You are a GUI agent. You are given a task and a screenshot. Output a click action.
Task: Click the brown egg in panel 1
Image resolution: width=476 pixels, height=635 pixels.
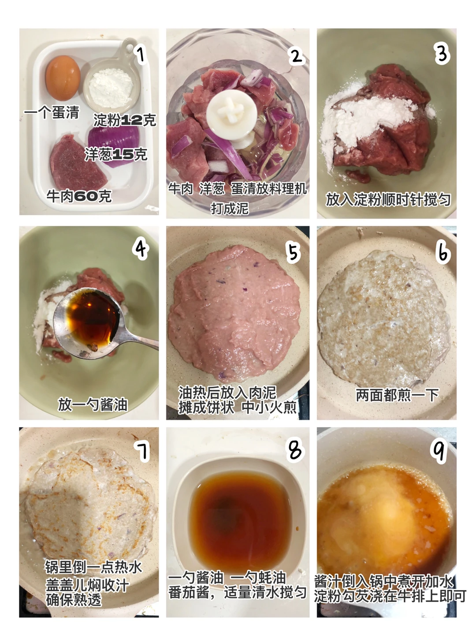(x=63, y=78)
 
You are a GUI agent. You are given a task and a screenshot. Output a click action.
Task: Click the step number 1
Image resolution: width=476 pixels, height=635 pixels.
(x=141, y=55)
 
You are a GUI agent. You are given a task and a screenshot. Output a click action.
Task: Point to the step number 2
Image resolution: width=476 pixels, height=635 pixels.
(x=296, y=56)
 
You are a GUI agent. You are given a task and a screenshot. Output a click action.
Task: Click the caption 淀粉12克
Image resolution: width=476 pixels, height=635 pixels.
(x=125, y=120)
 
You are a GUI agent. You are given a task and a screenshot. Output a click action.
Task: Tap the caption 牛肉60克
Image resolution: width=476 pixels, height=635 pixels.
(x=79, y=196)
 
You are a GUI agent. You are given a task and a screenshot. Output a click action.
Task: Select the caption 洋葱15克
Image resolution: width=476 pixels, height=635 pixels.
(x=116, y=154)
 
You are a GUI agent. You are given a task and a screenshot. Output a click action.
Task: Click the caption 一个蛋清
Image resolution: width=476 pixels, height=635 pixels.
(x=52, y=112)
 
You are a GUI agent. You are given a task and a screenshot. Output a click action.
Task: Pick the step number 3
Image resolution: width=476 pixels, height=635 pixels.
(x=442, y=55)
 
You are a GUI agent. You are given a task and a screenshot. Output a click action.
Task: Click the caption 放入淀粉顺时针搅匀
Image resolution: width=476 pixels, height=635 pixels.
(x=388, y=199)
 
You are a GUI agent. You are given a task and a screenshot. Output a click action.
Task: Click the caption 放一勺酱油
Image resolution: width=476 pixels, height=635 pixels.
(x=93, y=404)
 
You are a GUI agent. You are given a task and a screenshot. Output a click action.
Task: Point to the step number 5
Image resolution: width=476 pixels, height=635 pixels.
(x=293, y=253)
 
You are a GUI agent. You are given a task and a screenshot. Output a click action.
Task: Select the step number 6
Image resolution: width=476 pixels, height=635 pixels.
(x=443, y=253)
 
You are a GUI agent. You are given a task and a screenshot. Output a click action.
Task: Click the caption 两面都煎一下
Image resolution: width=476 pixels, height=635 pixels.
(x=397, y=395)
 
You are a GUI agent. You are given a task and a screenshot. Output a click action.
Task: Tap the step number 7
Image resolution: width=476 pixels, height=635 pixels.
(x=142, y=451)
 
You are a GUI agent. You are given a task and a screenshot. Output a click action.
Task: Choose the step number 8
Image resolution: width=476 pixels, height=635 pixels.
(x=295, y=449)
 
